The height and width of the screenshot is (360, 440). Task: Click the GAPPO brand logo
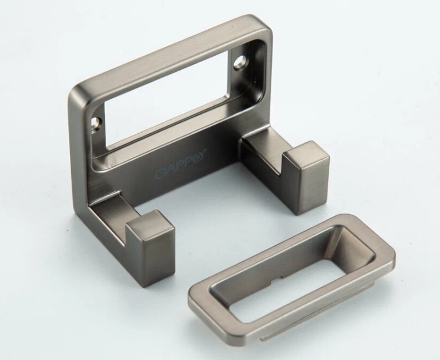(181, 163)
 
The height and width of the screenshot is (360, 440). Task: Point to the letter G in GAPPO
(161, 173)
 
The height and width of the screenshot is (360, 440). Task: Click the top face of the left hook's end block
(149, 222)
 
